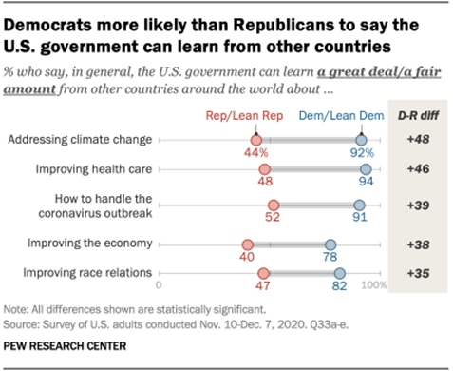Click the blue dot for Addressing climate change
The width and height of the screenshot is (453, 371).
362,140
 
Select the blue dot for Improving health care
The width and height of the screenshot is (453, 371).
367,171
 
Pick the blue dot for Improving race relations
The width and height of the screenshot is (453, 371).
340,274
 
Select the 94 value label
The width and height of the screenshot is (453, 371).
367,185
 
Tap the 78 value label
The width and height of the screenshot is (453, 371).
331,257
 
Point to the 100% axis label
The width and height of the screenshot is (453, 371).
373,284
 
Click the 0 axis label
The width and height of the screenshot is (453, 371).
160,284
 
